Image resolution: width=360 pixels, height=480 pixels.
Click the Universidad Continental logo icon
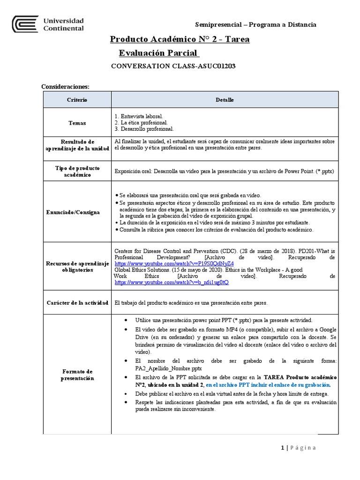click(25, 24)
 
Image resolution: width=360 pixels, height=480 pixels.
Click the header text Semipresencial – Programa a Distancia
click(255, 24)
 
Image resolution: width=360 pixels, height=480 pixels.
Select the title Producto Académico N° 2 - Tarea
click(180, 39)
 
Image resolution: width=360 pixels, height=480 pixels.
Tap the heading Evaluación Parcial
click(159, 53)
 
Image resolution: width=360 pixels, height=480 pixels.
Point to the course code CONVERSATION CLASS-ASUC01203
click(173, 66)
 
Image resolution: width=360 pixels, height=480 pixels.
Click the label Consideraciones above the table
click(65, 87)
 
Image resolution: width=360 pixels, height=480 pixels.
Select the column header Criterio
click(77, 100)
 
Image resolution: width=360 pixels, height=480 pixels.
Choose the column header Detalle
click(225, 100)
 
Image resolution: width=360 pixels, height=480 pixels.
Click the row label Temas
click(77, 123)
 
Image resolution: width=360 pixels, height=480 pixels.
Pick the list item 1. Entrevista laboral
click(139, 116)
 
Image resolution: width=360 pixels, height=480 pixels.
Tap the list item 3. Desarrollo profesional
click(144, 129)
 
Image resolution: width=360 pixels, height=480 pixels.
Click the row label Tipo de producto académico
click(77, 171)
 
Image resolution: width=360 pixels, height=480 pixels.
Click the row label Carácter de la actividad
click(77, 303)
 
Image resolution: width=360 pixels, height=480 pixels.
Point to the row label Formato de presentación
click(77, 375)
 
